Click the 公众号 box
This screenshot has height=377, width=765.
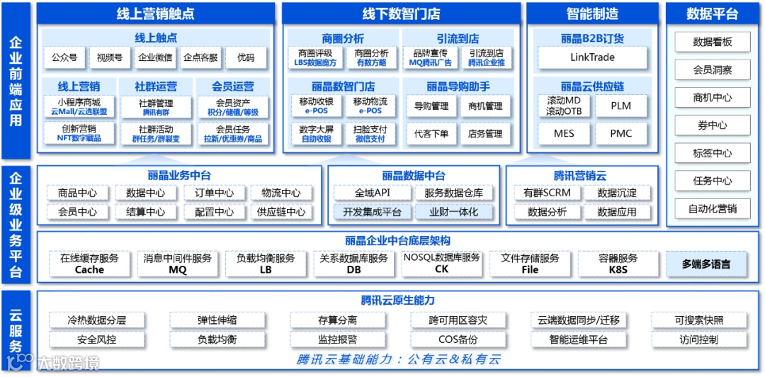coord(64,57)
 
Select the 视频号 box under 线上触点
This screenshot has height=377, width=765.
coord(110,57)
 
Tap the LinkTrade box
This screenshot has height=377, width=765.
coord(592,57)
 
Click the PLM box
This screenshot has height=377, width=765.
coord(620,106)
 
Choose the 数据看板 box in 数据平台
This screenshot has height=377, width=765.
coord(712,43)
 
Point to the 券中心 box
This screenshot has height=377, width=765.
coord(712,125)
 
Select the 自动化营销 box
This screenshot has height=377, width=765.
coord(712,208)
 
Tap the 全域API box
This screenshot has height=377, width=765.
coord(373,193)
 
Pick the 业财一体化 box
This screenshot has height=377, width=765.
coord(454,211)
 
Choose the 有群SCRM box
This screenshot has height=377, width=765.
coord(548,193)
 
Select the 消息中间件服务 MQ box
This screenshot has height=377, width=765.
coord(177,264)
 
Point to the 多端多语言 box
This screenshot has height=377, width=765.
coord(705,264)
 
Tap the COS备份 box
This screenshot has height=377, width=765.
coord(458,339)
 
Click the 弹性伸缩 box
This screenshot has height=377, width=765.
coord(217,320)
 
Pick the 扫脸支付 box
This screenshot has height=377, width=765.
coord(370,133)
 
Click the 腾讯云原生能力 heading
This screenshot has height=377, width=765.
coord(397,300)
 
